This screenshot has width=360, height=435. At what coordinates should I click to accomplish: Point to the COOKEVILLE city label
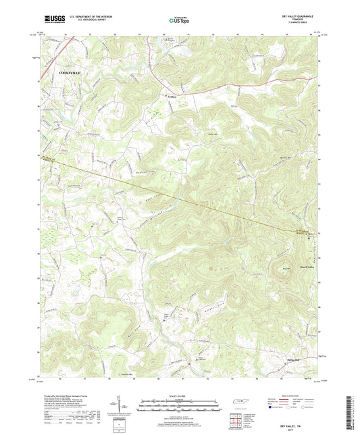[73, 71]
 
